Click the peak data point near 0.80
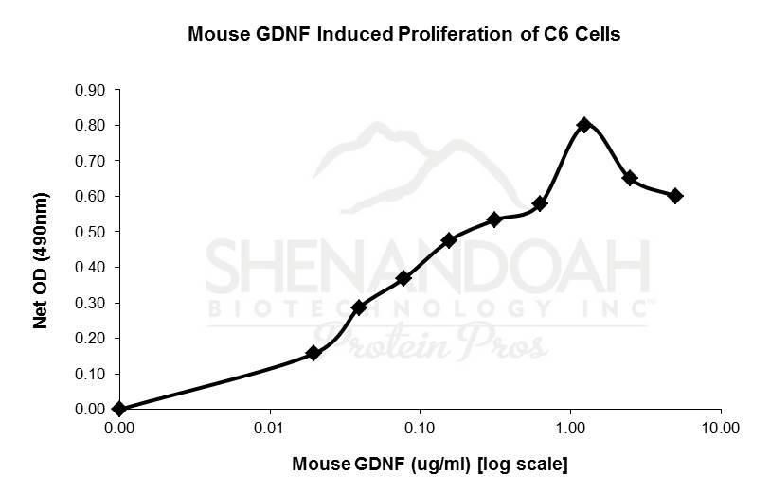[x=584, y=125]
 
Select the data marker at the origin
[x=119, y=409]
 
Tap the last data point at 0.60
[x=675, y=196]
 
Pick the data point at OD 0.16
[x=313, y=353]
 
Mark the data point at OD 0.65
[x=630, y=178]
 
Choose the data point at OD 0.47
[x=449, y=240]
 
